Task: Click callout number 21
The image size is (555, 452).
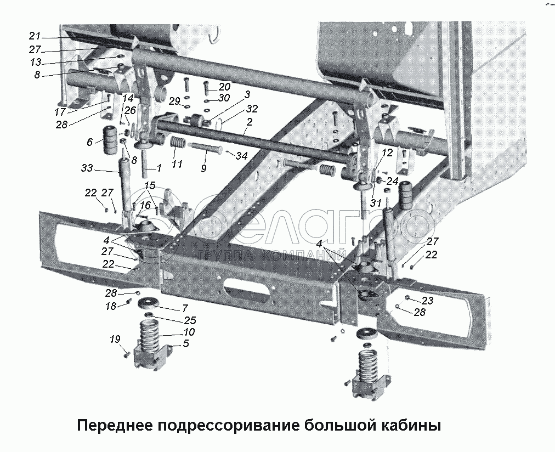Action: [x=35, y=36]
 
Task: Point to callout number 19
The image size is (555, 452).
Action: [x=115, y=340]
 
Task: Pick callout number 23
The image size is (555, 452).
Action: [x=427, y=300]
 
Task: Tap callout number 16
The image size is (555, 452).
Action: [x=145, y=205]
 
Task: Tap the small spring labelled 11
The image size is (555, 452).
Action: [x=177, y=144]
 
